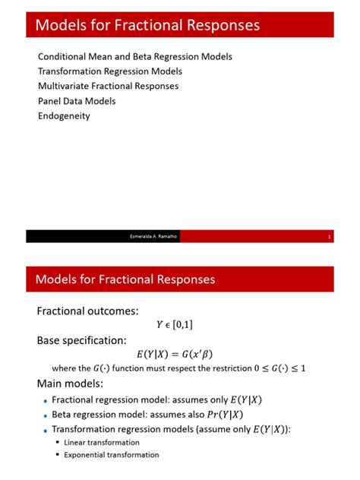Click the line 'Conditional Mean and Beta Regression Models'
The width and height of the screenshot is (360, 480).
(x=134, y=57)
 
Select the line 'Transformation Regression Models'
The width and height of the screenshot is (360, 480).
(x=110, y=71)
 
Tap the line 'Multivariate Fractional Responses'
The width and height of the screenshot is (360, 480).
(x=109, y=86)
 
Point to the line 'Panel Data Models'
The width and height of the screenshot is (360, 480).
(x=77, y=101)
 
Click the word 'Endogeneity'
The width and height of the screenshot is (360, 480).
(x=64, y=116)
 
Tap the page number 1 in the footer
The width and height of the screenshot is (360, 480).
(x=330, y=237)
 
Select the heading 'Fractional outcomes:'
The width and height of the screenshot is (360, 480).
(x=88, y=311)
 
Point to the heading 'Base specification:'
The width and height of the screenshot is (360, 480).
(x=81, y=339)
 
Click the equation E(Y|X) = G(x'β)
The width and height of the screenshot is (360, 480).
(x=179, y=354)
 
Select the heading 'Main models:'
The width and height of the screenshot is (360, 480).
(x=70, y=383)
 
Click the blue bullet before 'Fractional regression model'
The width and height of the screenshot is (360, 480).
(x=45, y=400)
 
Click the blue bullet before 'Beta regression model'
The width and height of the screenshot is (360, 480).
(x=45, y=415)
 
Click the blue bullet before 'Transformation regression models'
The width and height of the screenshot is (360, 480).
(x=45, y=430)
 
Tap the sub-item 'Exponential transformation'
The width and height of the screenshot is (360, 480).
(x=112, y=455)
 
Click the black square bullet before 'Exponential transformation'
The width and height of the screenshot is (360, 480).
(x=57, y=455)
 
